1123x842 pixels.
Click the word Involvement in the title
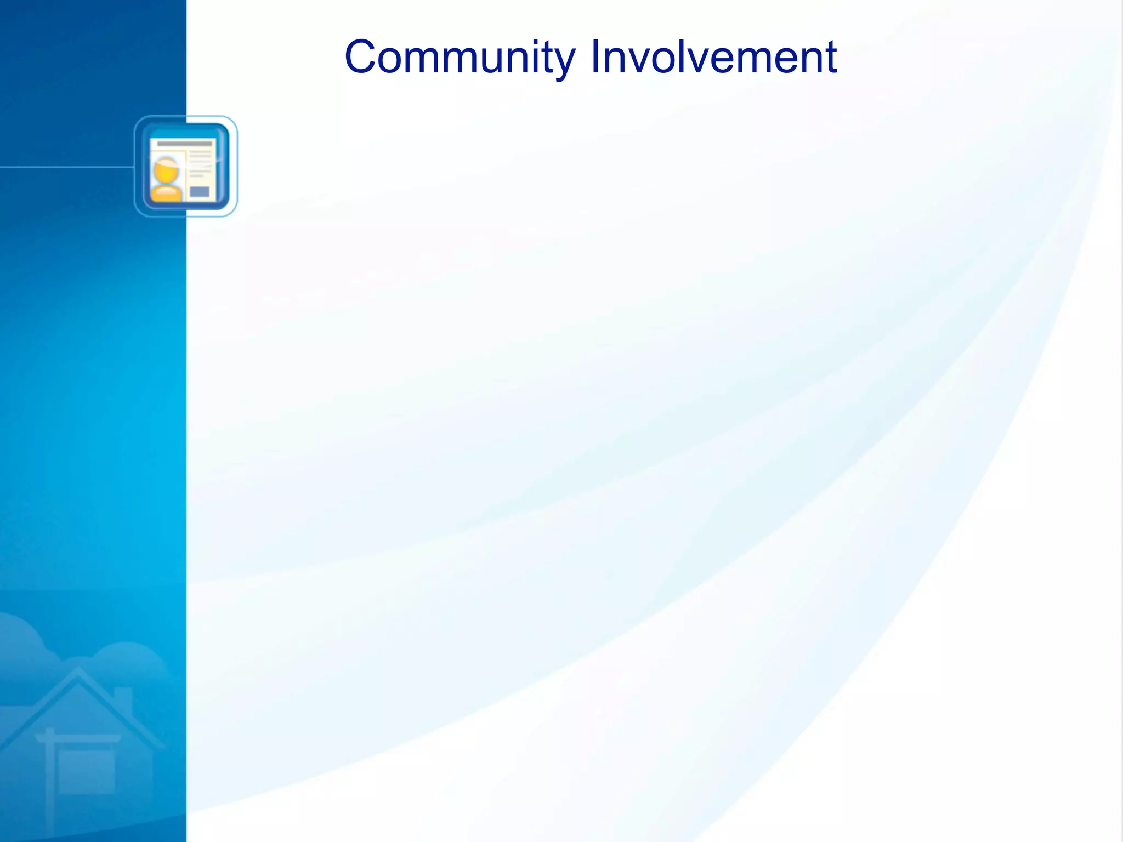point(713,57)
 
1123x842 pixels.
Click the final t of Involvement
point(831,57)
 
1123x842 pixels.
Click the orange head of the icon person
point(166,170)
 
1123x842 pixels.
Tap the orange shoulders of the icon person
point(166,194)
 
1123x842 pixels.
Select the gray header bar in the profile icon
point(184,144)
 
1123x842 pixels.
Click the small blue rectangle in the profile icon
point(199,191)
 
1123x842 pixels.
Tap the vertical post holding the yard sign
point(50,784)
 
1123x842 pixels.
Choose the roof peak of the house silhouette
point(78,671)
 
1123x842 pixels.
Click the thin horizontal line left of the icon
point(66,167)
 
